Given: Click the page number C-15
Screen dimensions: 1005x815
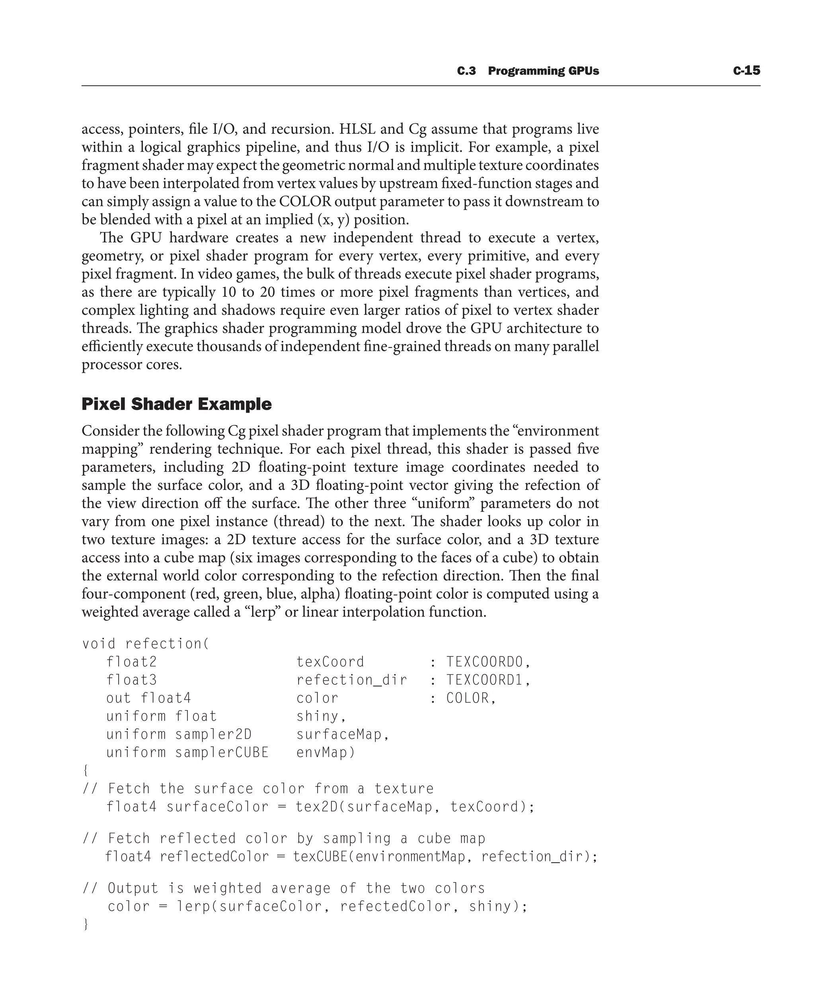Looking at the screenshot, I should point(746,70).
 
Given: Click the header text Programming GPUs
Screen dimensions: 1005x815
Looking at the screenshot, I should point(543,71).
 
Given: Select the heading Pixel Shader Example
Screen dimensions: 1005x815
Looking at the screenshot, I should point(177,404).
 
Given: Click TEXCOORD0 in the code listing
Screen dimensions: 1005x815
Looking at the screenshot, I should point(484,662).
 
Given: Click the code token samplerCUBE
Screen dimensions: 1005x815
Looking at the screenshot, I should point(222,752).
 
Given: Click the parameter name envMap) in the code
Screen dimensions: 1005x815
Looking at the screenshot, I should point(326,752).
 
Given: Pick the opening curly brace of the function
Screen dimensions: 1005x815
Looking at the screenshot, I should point(85,770).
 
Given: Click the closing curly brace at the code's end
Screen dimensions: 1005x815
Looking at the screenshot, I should point(86,924).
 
